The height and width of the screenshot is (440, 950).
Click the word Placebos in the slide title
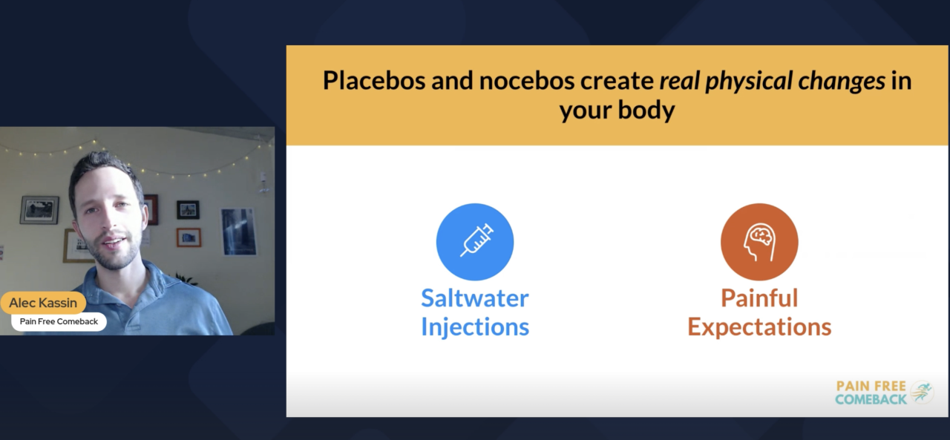[x=374, y=80]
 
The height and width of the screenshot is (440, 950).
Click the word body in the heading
[x=646, y=111]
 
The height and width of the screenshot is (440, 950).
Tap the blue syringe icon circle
[x=475, y=242]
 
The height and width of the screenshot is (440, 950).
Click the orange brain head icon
[x=759, y=242]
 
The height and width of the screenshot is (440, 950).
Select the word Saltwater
[x=475, y=298]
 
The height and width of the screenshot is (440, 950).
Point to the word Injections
[x=475, y=327]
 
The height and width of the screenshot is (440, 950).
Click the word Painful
[x=759, y=298]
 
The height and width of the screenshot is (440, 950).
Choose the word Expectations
[x=759, y=327]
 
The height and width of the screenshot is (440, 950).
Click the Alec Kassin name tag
[x=43, y=303]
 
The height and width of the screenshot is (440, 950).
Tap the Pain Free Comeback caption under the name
[x=59, y=321]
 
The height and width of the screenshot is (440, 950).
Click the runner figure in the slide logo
[x=922, y=392]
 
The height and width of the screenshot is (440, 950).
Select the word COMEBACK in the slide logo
[x=871, y=399]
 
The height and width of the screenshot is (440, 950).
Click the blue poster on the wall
[x=238, y=232]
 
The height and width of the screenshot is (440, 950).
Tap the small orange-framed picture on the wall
[x=189, y=237]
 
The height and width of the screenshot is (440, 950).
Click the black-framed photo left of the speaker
[x=39, y=210]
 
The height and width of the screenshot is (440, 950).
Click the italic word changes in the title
[x=842, y=82]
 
